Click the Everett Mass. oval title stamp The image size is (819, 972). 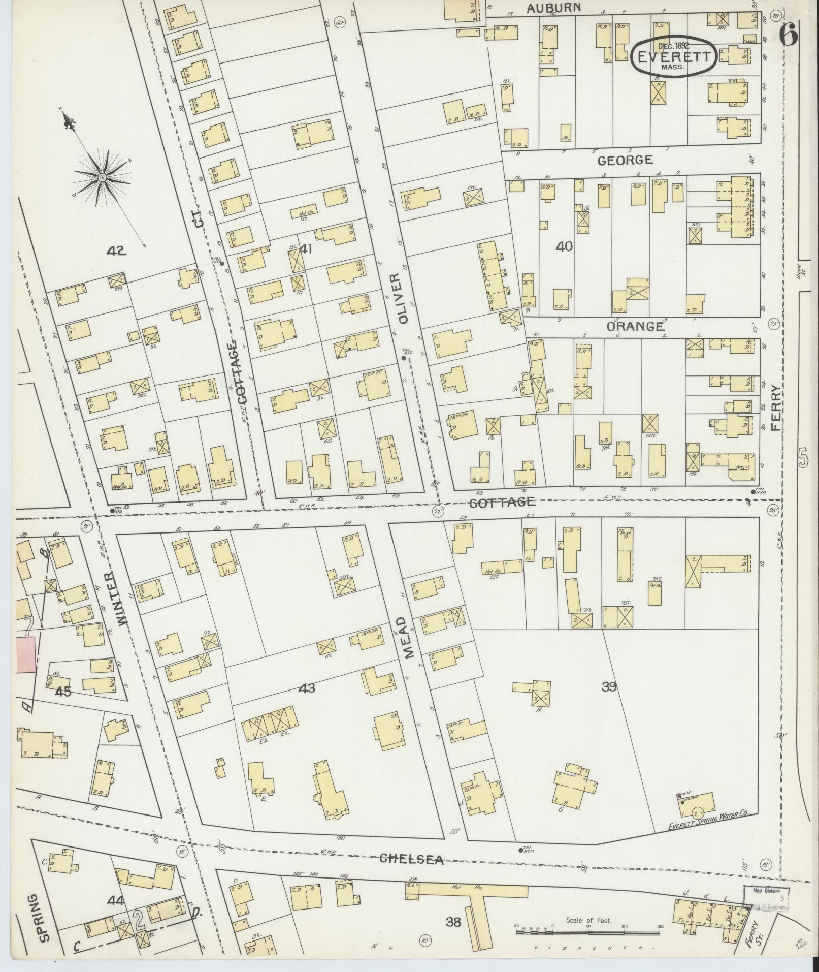[x=674, y=56]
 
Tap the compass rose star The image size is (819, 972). [x=102, y=177]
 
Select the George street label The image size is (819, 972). [x=625, y=161]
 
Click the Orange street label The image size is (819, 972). [x=635, y=327]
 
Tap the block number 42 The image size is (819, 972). [x=116, y=250]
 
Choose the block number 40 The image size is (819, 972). [x=564, y=247]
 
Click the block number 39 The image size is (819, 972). [x=609, y=687]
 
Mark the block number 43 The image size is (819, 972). [x=307, y=688]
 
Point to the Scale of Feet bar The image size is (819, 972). [x=588, y=932]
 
